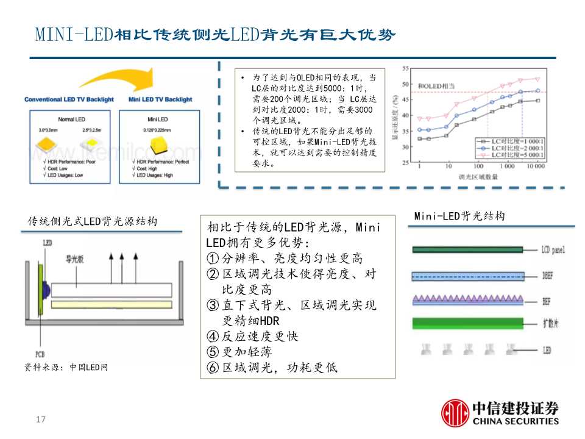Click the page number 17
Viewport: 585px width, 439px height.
[41, 419]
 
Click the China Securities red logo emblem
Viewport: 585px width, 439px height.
[455, 412]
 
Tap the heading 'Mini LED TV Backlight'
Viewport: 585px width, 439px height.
[160, 99]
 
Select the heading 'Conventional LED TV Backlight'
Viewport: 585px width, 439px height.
[69, 99]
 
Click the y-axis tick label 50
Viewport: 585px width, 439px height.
[405, 84]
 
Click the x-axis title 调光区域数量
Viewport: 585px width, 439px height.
[478, 177]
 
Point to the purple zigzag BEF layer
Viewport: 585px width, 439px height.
[467, 299]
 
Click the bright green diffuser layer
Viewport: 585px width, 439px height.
[467, 323]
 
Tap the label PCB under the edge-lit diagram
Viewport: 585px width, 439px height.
[41, 354]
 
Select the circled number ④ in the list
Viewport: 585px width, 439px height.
[212, 337]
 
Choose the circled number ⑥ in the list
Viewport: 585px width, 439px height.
[212, 368]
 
